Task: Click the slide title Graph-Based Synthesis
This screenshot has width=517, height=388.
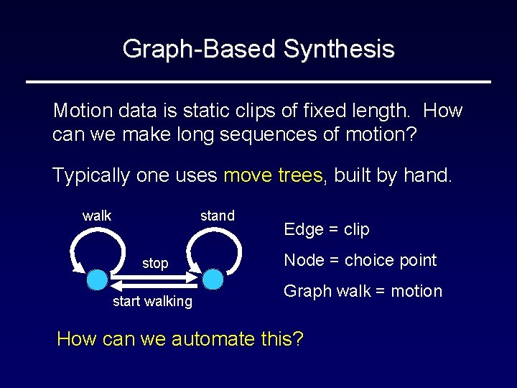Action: [258, 49]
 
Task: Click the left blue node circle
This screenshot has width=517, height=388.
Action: [98, 278]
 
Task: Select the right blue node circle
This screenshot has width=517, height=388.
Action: [213, 278]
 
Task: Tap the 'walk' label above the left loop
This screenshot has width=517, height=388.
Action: [97, 216]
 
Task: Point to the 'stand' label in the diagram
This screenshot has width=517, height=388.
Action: [217, 216]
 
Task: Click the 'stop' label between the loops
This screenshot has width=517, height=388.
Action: [155, 263]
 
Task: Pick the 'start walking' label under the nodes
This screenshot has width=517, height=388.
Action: [152, 302]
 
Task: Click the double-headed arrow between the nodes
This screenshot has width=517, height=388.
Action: [155, 278]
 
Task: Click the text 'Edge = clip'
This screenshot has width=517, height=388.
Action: [327, 229]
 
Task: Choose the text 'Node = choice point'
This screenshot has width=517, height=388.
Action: [360, 260]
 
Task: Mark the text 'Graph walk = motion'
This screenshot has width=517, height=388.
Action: [363, 291]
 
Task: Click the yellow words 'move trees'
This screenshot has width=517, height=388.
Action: [273, 175]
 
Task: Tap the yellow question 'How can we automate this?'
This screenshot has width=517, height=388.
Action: [180, 338]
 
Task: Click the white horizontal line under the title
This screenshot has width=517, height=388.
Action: [258, 82]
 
